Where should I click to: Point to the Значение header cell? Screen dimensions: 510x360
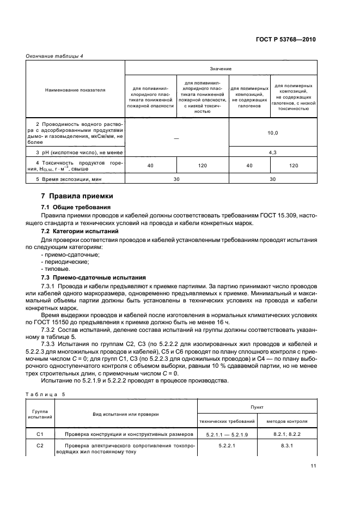coord(221,69)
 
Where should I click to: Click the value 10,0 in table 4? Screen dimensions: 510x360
coord(273,132)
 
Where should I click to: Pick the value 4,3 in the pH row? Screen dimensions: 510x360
coord(273,153)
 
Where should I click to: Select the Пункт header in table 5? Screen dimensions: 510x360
coord(257,406)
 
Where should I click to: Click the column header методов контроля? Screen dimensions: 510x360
coord(286,421)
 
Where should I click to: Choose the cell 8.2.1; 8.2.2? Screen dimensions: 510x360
coord(287,434)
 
